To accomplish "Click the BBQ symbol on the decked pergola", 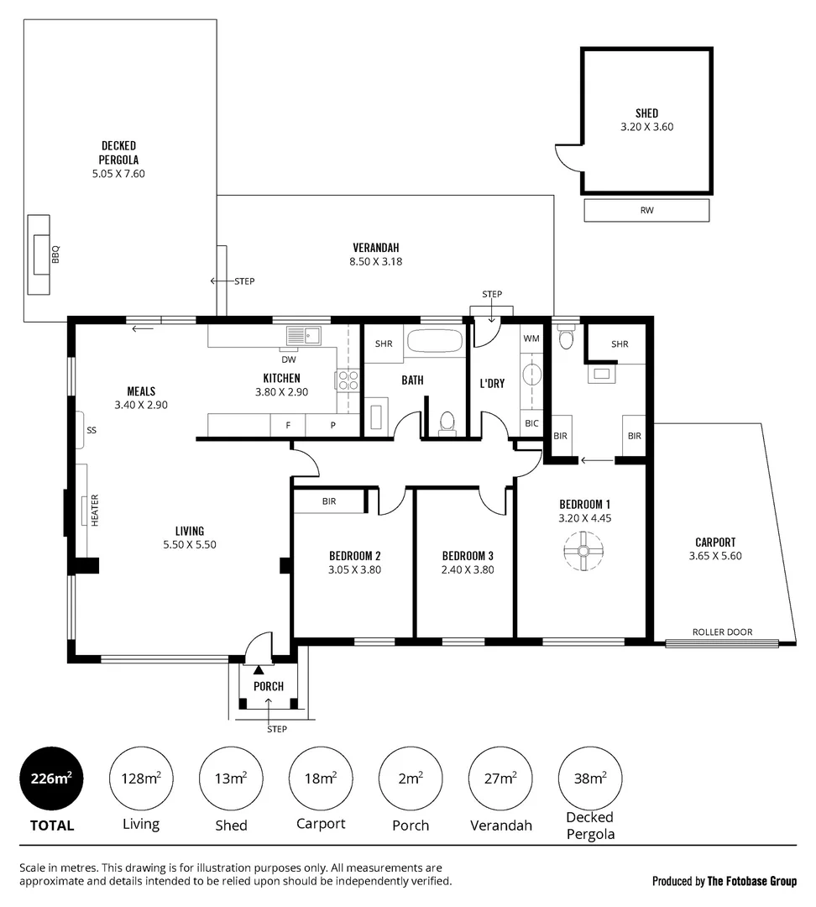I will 39,255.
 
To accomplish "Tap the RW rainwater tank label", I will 646,211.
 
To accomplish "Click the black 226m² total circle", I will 52,779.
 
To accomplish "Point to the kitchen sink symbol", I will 303,336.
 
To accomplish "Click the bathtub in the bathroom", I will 434,341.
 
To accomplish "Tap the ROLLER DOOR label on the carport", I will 722,632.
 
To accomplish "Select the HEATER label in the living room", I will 95,509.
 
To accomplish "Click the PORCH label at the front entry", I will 269,686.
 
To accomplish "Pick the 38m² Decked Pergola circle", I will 590,779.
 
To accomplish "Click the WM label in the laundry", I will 531,338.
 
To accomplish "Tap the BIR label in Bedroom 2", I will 329,501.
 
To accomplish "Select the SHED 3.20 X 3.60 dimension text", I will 646,128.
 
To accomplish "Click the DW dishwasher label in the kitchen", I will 288,359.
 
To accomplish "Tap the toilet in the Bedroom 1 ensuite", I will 565,338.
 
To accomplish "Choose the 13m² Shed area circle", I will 231,779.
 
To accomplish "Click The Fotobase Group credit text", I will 751,881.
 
